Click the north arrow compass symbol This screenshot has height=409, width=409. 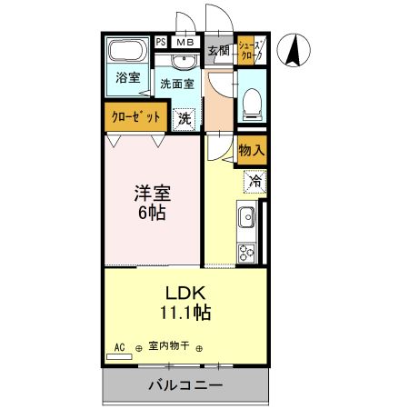(x=295, y=49)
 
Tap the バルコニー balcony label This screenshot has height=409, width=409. (x=185, y=385)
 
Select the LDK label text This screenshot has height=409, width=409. (x=187, y=294)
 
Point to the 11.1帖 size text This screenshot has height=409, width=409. (x=187, y=314)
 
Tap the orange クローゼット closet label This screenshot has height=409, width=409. (x=136, y=117)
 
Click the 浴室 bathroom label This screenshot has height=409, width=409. (x=128, y=78)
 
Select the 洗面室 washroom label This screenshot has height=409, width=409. (x=176, y=83)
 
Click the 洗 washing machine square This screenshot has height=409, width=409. (x=185, y=117)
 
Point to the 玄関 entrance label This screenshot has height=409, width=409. (x=218, y=51)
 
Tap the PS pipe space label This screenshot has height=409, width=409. (x=161, y=42)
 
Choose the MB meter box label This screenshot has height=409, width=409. (x=185, y=42)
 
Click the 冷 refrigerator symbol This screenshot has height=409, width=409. (x=255, y=182)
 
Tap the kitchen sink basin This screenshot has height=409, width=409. (x=246, y=219)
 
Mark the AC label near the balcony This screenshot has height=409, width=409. (x=119, y=346)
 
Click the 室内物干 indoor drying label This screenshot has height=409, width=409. (x=168, y=346)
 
